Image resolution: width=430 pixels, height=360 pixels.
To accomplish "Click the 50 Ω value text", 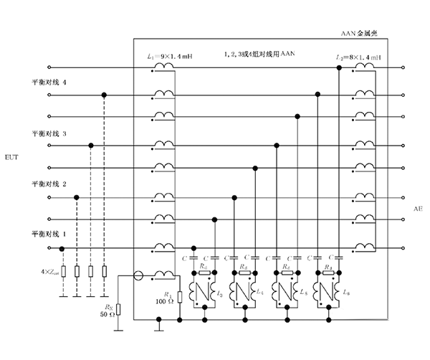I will click(106, 316).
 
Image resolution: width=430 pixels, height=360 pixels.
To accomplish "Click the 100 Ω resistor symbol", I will click(179, 295).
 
